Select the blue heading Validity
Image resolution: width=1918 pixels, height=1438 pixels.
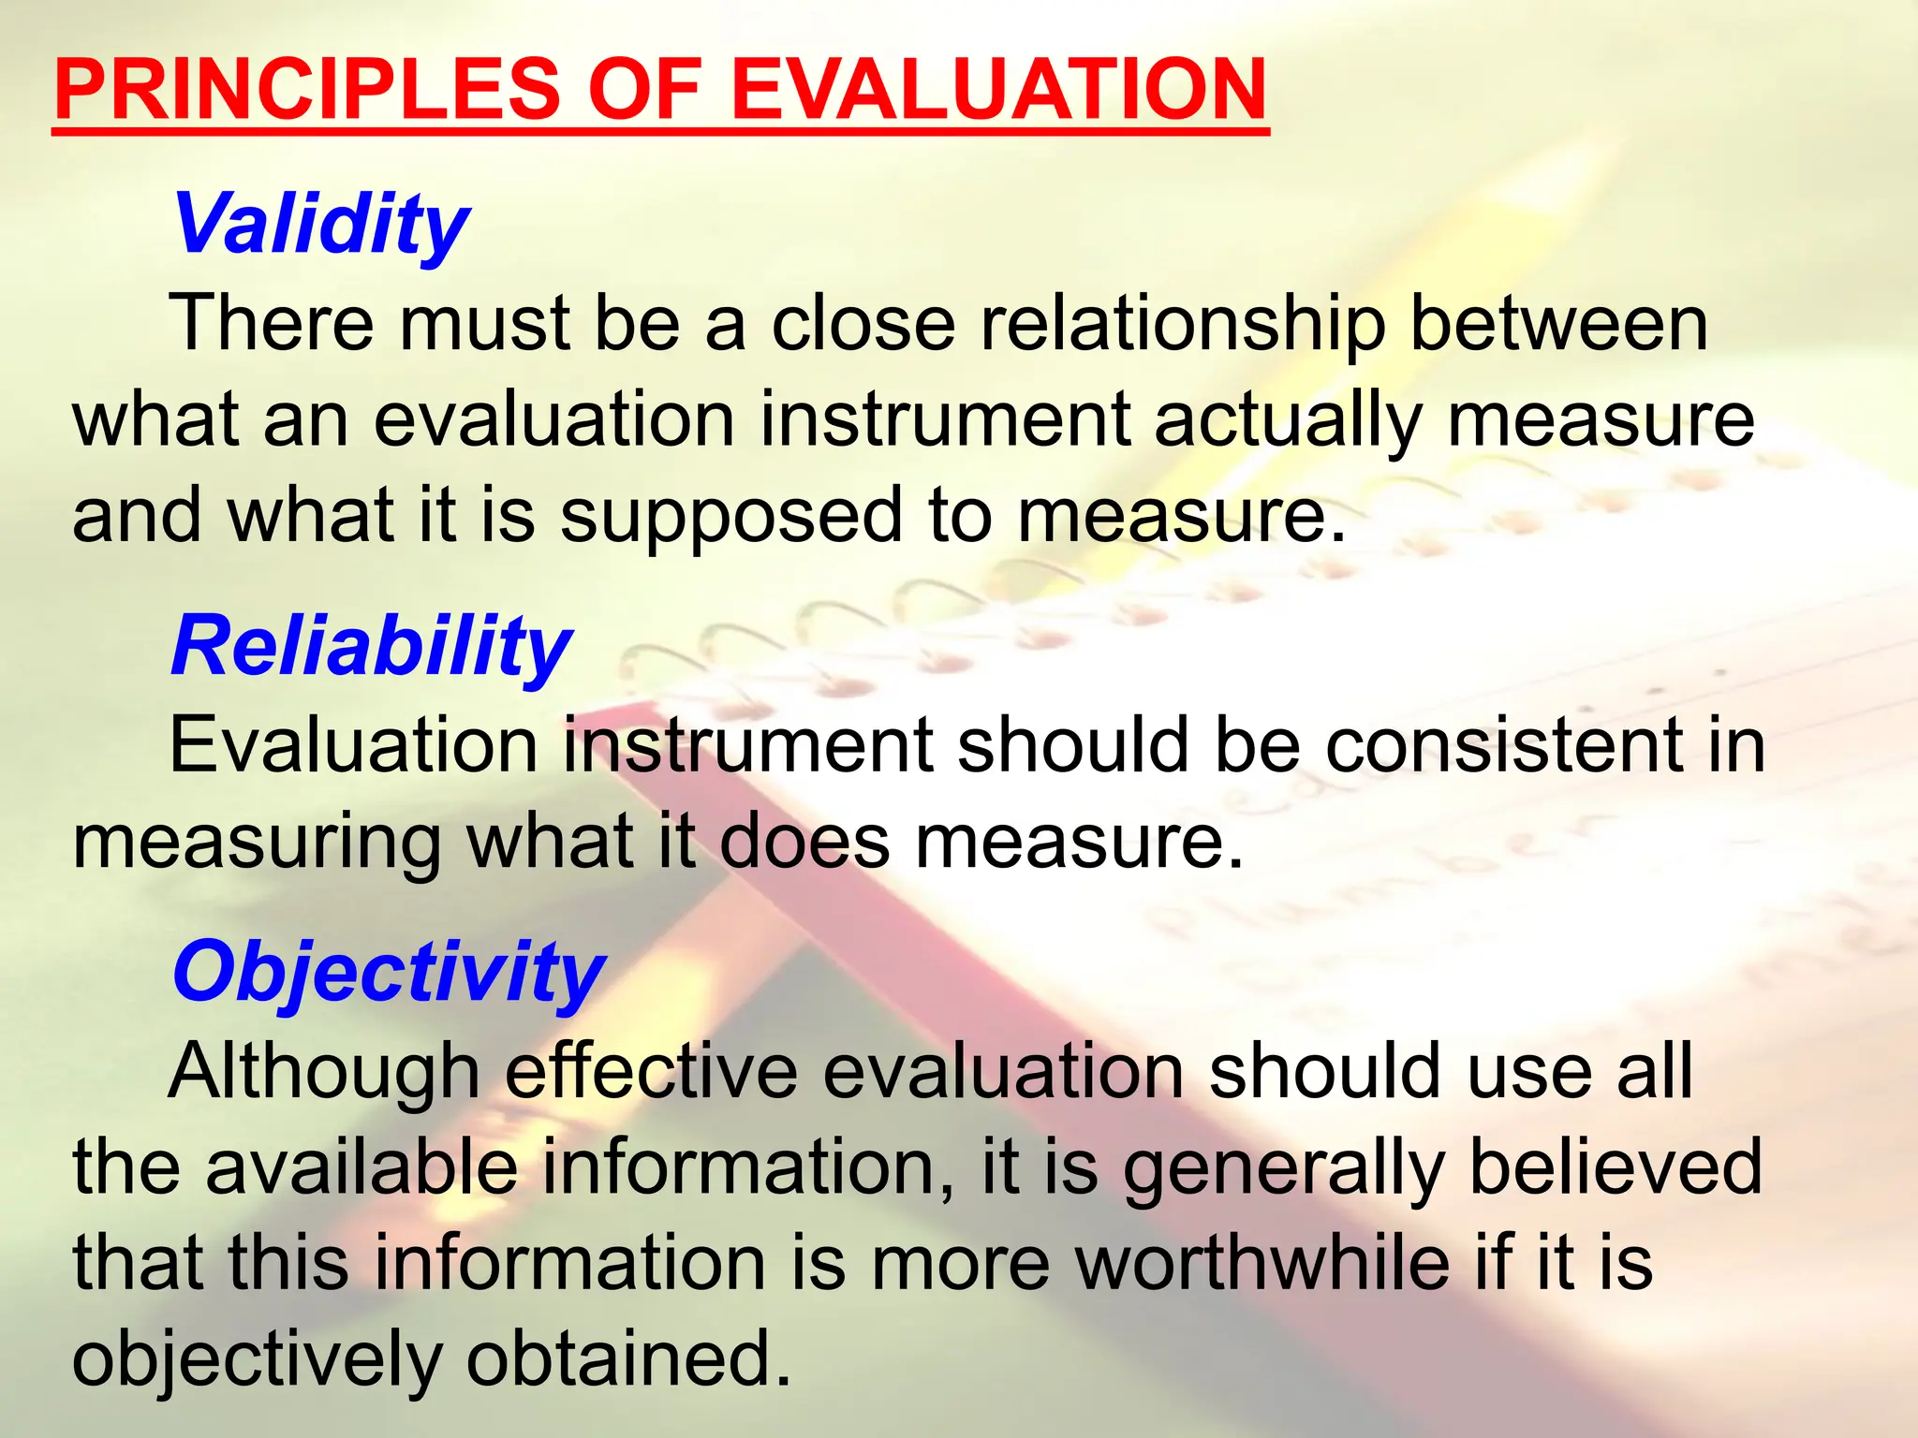tap(320, 225)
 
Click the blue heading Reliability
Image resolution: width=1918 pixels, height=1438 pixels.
tap(371, 647)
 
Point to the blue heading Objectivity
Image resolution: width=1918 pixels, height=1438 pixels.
tap(389, 972)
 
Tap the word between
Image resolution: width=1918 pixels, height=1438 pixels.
tap(1559, 323)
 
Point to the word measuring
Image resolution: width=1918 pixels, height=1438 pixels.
tap(257, 843)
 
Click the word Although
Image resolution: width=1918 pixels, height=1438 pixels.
tap(324, 1071)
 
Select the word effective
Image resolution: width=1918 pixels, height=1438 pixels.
tap(652, 1071)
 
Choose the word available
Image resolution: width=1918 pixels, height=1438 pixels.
tap(361, 1167)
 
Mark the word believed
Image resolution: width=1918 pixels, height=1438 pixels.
tap(1616, 1167)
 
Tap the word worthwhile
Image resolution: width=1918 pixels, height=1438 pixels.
tap(1263, 1263)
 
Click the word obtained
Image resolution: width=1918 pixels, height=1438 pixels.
tap(628, 1358)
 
